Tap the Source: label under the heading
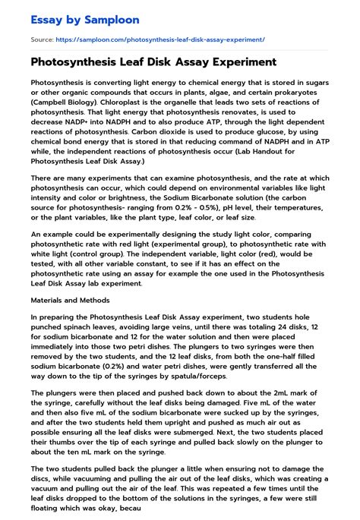tap(40, 39)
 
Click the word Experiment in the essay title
tap(239, 62)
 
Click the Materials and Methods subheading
tap(70, 301)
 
